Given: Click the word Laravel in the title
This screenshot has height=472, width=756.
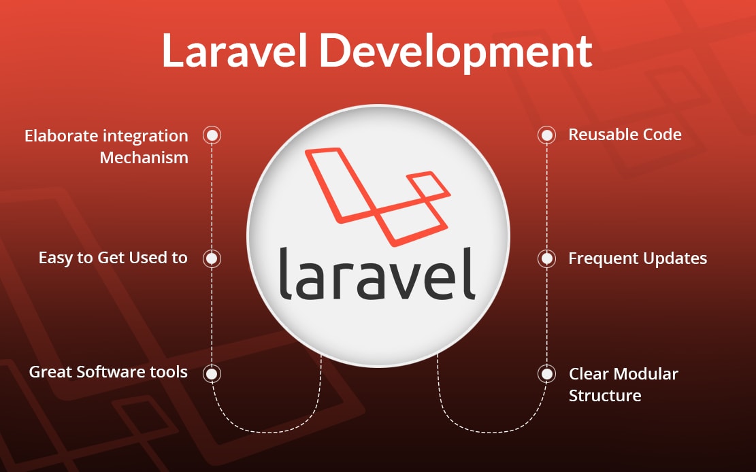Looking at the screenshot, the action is pos(235,50).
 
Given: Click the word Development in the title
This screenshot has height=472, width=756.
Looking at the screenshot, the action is pos(456,53).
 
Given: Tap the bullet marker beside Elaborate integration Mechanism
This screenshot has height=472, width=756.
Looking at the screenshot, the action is pos(212,135).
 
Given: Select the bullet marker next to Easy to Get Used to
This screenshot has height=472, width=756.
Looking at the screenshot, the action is pos(212,258).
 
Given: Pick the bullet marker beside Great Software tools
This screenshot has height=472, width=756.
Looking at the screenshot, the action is pos(212,373).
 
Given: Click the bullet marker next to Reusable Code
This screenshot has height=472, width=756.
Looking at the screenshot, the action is pos(546,135).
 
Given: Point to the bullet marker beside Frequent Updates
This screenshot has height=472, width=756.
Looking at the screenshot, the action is pos(546,258).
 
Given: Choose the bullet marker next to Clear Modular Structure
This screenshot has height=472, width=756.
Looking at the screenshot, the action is pos(546,373).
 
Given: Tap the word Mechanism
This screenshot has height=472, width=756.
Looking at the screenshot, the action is pos(144,158).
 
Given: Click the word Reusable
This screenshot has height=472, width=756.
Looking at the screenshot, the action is pos(600,135).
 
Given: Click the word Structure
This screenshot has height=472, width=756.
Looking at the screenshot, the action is pos(605,396).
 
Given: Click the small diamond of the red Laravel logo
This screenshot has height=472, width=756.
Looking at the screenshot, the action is pos(429,185).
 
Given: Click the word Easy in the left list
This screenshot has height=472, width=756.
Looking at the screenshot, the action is pos(56,258).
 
